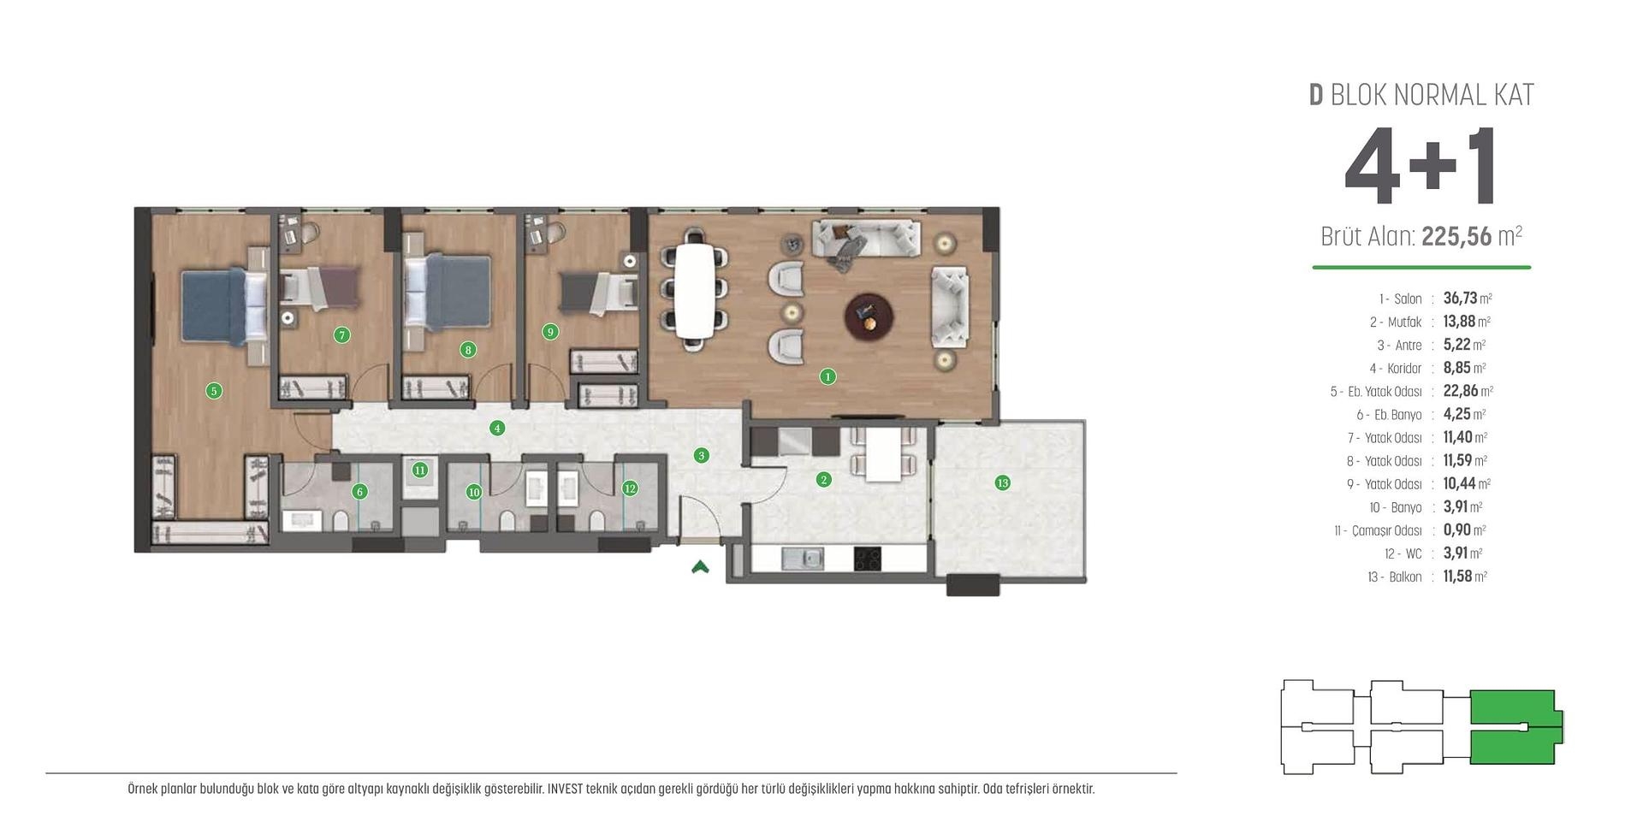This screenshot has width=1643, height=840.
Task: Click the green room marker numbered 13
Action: click(1002, 483)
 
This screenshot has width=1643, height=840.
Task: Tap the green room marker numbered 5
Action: click(214, 391)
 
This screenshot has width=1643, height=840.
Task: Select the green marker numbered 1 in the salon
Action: click(827, 376)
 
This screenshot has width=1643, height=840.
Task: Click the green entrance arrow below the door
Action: click(700, 566)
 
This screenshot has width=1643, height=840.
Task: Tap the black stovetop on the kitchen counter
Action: click(868, 559)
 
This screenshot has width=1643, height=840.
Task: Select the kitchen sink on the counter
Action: click(803, 559)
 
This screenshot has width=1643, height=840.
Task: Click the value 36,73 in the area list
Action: click(1460, 299)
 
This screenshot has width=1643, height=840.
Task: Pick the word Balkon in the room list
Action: click(1405, 577)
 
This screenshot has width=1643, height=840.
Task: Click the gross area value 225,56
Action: click(1456, 237)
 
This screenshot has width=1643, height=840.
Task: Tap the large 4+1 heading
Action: click(1421, 168)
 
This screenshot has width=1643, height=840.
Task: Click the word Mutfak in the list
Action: click(1404, 322)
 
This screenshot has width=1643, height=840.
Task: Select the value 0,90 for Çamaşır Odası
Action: click(1456, 530)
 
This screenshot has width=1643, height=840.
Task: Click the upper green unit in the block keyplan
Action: click(1511, 707)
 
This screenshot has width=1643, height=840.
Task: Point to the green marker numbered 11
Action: click(419, 470)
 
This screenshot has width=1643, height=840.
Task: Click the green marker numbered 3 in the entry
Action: click(702, 456)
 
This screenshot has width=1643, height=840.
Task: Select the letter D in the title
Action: click(1316, 95)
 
